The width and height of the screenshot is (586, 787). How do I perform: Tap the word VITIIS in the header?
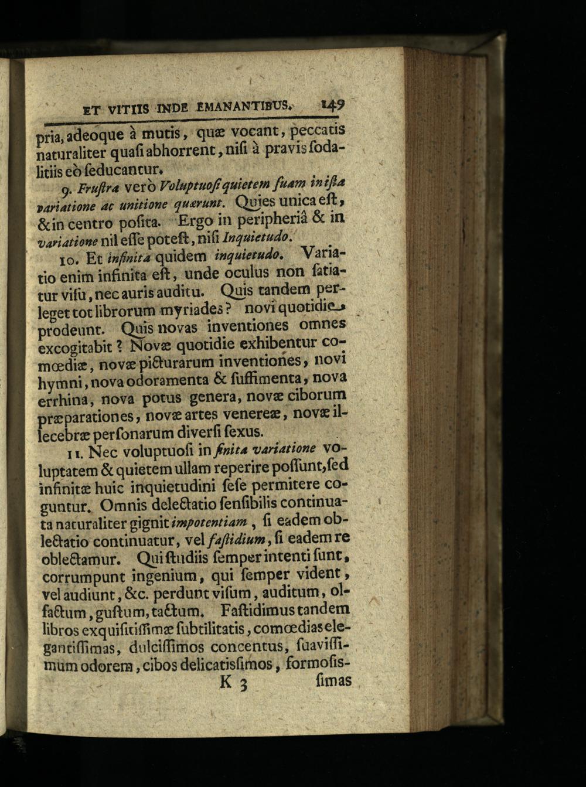(125, 109)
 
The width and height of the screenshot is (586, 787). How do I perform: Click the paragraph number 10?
(70, 257)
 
